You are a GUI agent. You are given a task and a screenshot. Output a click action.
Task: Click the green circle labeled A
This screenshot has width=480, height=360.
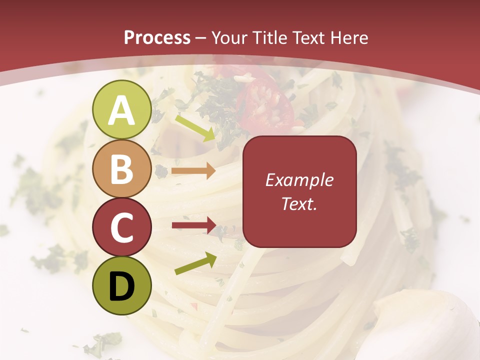(122, 109)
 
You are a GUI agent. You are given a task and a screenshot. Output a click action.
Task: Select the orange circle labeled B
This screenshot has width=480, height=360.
(122, 168)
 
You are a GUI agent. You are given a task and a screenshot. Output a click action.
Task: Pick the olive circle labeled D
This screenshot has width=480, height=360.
(122, 285)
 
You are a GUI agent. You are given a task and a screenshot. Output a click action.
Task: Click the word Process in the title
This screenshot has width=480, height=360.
(157, 37)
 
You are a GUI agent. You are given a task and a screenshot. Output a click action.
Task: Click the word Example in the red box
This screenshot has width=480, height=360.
(299, 180)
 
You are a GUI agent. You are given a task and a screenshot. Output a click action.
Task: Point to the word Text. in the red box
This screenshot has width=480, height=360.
(299, 203)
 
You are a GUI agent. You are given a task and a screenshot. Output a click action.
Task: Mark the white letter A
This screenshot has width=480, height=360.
(122, 110)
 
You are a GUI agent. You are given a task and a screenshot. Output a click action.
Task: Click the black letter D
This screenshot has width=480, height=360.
(122, 286)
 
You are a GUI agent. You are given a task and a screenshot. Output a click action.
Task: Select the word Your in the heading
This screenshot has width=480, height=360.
(230, 38)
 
